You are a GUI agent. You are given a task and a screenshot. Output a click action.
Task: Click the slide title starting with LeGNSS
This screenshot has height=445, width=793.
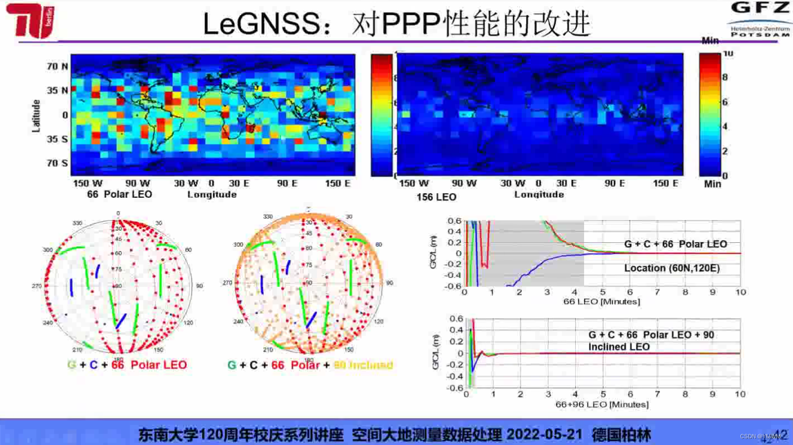click(x=396, y=24)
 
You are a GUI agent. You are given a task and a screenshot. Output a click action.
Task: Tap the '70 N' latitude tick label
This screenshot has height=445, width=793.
click(x=57, y=67)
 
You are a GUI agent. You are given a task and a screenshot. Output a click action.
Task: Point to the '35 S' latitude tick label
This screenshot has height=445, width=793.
click(x=57, y=139)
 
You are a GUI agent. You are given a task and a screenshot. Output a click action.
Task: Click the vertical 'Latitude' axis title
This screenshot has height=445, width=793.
click(x=37, y=116)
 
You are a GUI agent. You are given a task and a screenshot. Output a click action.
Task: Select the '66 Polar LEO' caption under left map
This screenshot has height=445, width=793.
click(x=119, y=194)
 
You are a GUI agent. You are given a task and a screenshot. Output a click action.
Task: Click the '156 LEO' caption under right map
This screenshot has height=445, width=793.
click(x=436, y=197)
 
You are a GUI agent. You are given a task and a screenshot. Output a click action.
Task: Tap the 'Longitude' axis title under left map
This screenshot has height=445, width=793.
click(x=212, y=194)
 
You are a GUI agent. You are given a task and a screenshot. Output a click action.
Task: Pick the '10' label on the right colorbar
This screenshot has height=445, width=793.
click(x=727, y=53)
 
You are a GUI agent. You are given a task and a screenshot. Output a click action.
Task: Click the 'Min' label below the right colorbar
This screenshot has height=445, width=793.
click(x=712, y=184)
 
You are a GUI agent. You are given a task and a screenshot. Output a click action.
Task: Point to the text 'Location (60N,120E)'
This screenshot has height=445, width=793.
click(x=672, y=268)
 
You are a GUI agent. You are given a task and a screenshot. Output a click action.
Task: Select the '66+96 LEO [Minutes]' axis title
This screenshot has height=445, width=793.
click(x=602, y=404)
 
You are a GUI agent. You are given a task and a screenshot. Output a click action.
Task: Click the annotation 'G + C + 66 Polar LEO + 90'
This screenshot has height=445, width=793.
click(x=651, y=335)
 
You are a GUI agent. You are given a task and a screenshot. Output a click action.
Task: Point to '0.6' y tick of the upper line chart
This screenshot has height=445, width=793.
click(x=455, y=221)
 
